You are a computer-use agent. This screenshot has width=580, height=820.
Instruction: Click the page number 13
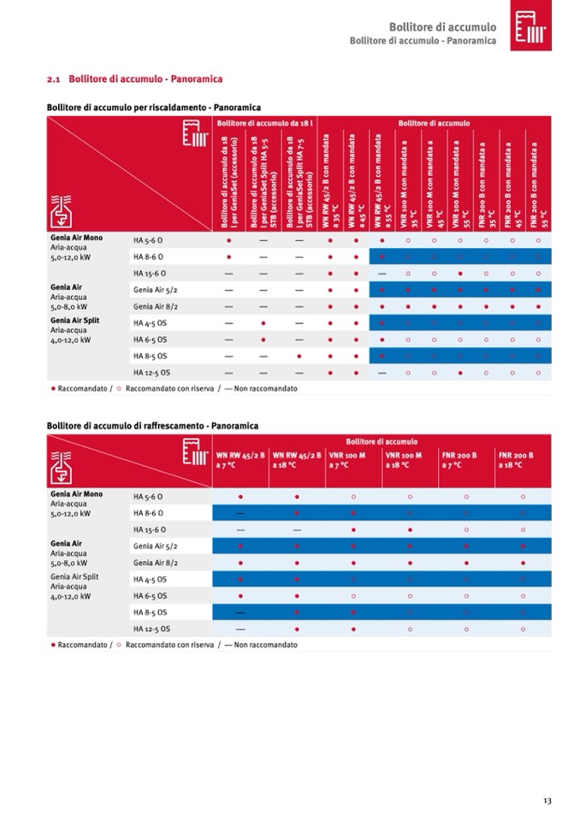tap(547, 799)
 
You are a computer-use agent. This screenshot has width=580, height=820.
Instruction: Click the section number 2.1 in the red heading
tap(53, 79)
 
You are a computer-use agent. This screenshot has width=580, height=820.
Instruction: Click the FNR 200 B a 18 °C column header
tap(516, 460)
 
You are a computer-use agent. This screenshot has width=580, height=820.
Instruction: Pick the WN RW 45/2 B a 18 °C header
tap(291, 460)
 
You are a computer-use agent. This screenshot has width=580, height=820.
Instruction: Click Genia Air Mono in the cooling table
tap(76, 494)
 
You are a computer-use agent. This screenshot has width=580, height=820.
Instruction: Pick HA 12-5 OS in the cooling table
tap(151, 628)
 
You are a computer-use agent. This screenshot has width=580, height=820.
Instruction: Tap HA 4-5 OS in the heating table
tap(150, 322)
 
